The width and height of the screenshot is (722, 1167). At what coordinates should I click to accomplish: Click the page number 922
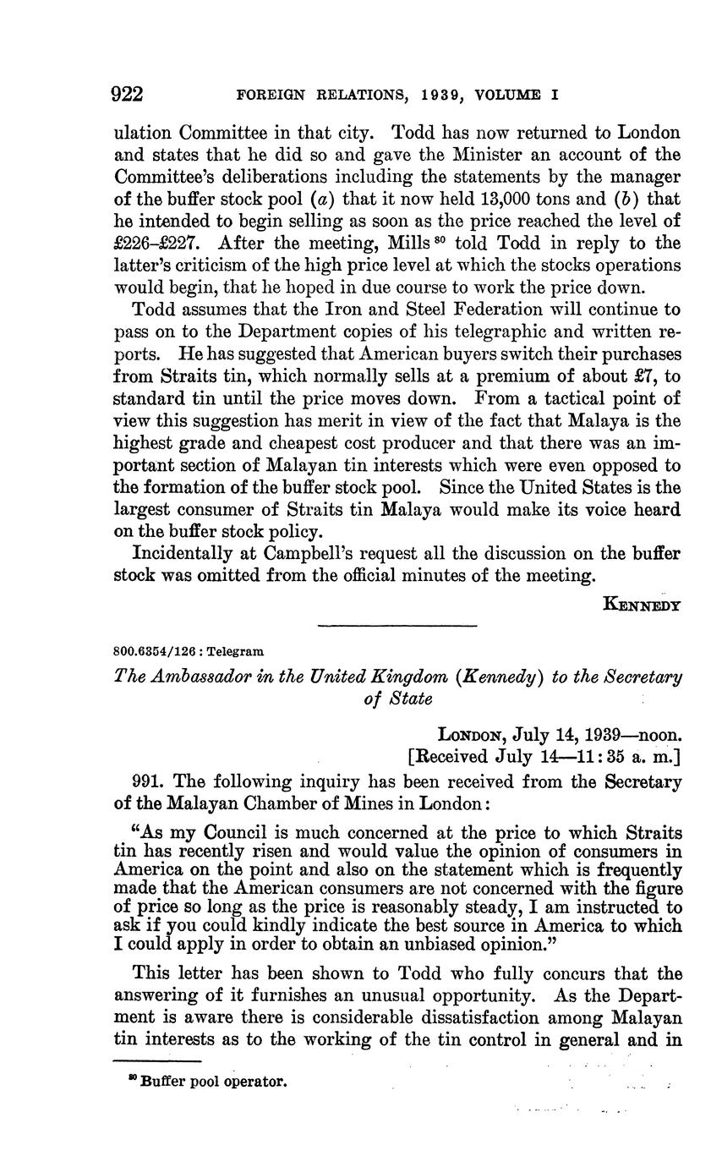coord(129,94)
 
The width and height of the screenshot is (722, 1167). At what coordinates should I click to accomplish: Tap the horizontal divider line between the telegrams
coord(397,626)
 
